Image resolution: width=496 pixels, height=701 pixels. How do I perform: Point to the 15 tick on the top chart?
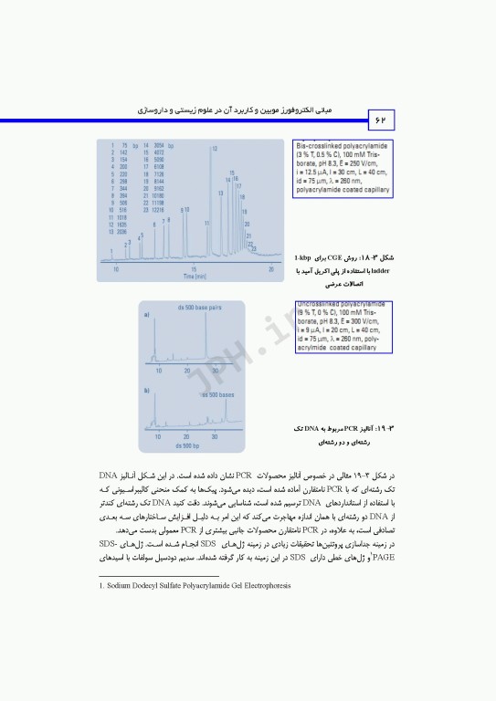pyautogui.click(x=194, y=268)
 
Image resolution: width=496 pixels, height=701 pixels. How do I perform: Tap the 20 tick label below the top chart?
pyautogui.click(x=271, y=268)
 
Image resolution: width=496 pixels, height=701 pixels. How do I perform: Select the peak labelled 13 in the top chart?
pyautogui.click(x=220, y=194)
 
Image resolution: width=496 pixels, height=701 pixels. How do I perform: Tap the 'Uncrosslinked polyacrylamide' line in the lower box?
pyautogui.click(x=340, y=304)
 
